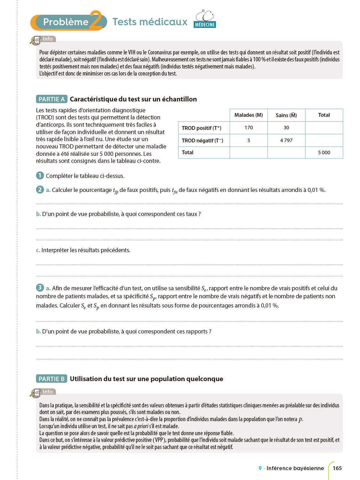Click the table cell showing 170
pyautogui.click(x=249, y=128)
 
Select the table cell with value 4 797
pyautogui.click(x=286, y=140)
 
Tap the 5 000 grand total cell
pyautogui.click(x=324, y=153)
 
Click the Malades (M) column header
pyautogui.click(x=249, y=115)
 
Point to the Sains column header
pyautogui.click(x=286, y=115)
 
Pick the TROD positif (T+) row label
pyautogui.click(x=202, y=128)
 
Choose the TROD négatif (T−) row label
pyautogui.click(x=203, y=140)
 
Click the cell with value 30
pyautogui.click(x=286, y=128)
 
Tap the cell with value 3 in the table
pyautogui.click(x=249, y=140)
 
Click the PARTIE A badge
pyautogui.click(x=52, y=99)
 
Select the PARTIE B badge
pyautogui.click(x=52, y=379)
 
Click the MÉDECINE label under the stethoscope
pyautogui.click(x=205, y=25)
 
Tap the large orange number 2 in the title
pyautogui.click(x=96, y=20)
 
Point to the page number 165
pyautogui.click(x=337, y=468)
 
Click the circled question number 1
pyautogui.click(x=40, y=175)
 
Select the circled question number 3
pyautogui.click(x=40, y=287)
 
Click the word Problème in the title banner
pyautogui.click(x=66, y=22)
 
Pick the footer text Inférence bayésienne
pyautogui.click(x=295, y=468)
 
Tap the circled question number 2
pyautogui.click(x=40, y=189)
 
